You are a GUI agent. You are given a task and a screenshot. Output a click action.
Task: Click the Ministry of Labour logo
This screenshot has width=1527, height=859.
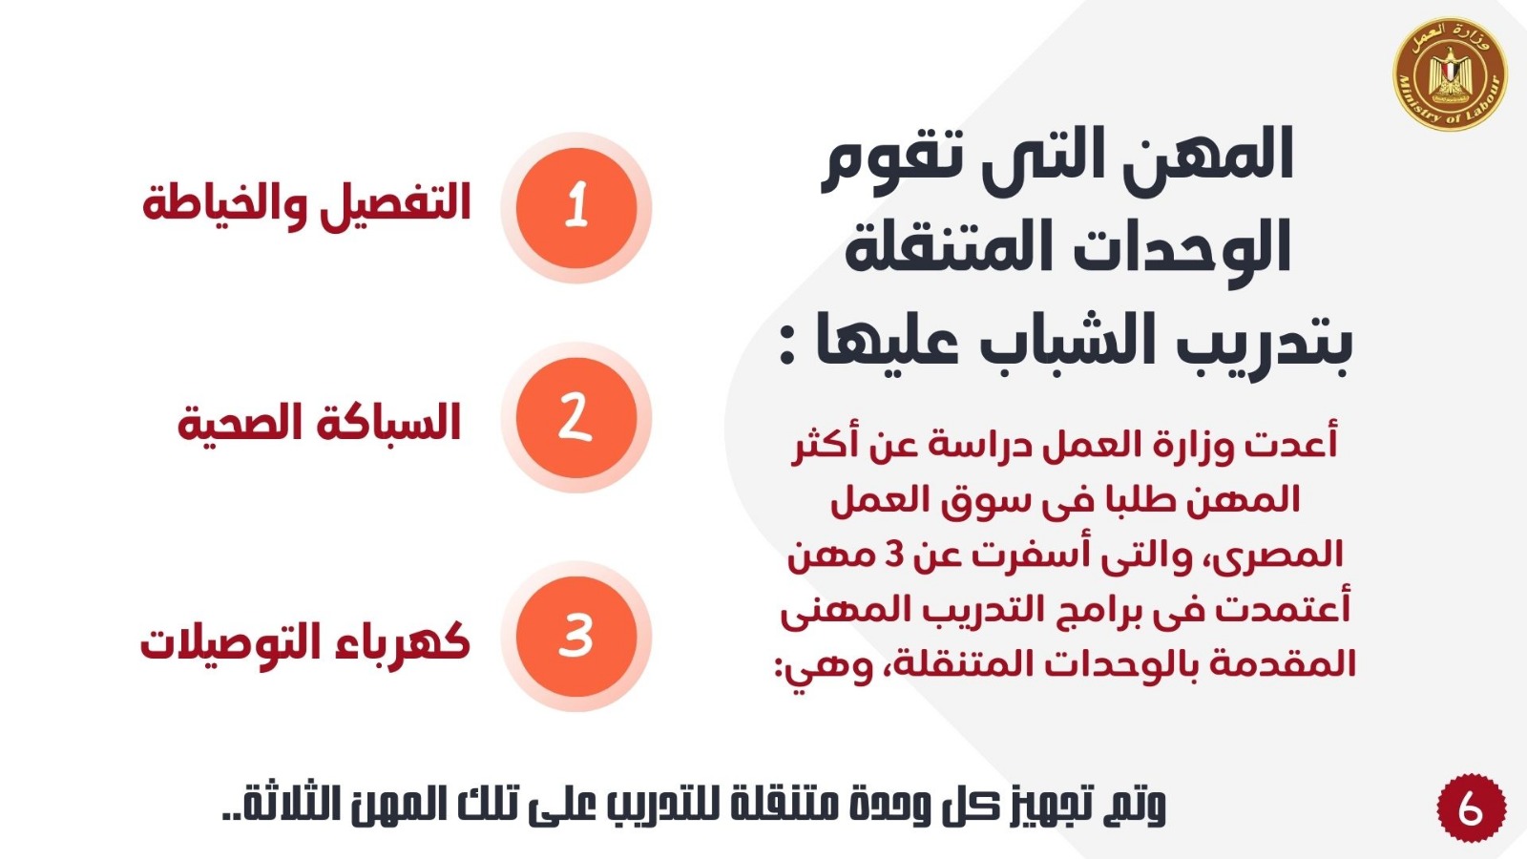(x=1450, y=73)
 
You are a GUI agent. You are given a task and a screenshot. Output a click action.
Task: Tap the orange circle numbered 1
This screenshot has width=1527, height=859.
(x=576, y=208)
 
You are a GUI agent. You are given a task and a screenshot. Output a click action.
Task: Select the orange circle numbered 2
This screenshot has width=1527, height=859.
(x=576, y=418)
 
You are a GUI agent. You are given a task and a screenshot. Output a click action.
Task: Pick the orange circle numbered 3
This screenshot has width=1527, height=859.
(x=576, y=637)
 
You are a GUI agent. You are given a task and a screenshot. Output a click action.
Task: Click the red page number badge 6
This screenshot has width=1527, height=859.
(x=1471, y=807)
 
